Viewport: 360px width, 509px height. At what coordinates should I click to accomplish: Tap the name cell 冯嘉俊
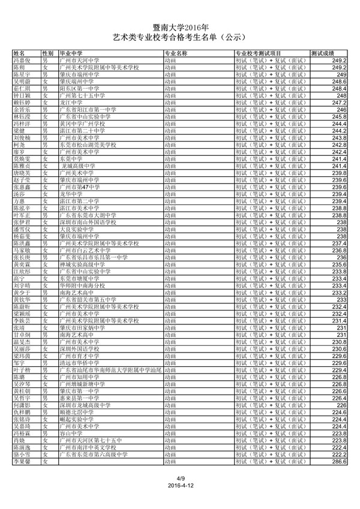click(x=23, y=61)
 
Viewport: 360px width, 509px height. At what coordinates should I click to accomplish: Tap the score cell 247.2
click(x=339, y=103)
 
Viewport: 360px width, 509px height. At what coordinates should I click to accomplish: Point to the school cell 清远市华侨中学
click(x=80, y=363)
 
